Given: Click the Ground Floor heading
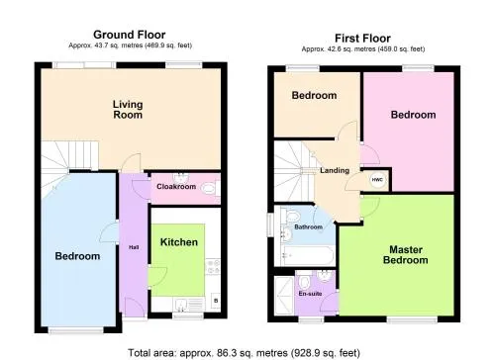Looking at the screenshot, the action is pyautogui.click(x=130, y=35).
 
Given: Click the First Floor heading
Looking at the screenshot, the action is pyautogui.click(x=362, y=39).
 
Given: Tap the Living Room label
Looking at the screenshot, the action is pyautogui.click(x=128, y=110).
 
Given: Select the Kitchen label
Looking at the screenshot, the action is pyautogui.click(x=179, y=242).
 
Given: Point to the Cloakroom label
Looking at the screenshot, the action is pyautogui.click(x=176, y=187).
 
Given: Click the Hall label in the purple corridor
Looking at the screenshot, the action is pyautogui.click(x=134, y=247).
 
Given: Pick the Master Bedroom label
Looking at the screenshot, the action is pyautogui.click(x=406, y=255).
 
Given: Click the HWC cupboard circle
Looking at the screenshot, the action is pyautogui.click(x=377, y=180).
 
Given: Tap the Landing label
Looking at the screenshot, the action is pyautogui.click(x=335, y=170).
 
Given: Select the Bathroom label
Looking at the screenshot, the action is pyautogui.click(x=308, y=226).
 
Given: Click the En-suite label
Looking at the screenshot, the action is pyautogui.click(x=310, y=294).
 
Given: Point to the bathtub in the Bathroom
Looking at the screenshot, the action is pyautogui.click(x=308, y=255).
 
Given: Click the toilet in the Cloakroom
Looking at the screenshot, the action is pyautogui.click(x=210, y=189).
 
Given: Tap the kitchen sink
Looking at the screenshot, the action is pyautogui.click(x=188, y=304).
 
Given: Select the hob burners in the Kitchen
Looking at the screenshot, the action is pyautogui.click(x=213, y=267).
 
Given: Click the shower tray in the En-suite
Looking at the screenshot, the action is pyautogui.click(x=284, y=296).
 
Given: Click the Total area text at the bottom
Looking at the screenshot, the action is pyautogui.click(x=244, y=353).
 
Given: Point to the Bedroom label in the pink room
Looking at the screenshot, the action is pyautogui.click(x=413, y=115).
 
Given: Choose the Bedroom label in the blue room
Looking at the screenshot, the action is pyautogui.click(x=77, y=256).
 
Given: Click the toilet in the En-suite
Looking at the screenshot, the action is pyautogui.click(x=303, y=283).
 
